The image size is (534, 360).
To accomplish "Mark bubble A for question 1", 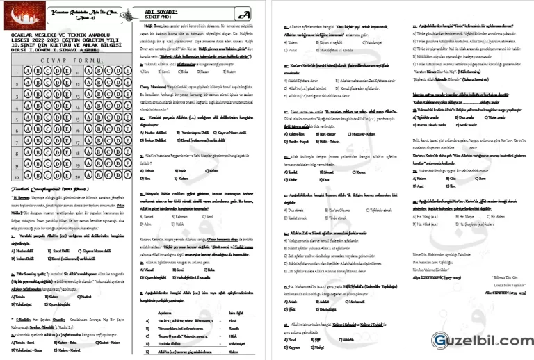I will pyautogui.click(x=22, y=68).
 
